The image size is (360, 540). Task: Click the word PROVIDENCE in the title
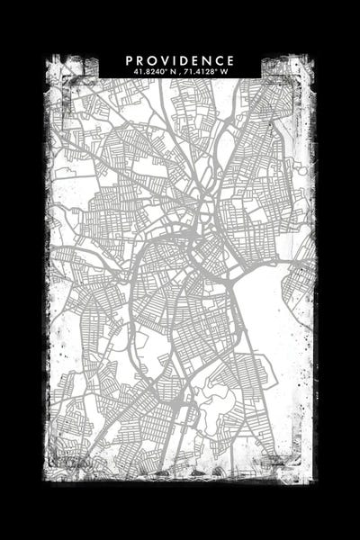pyautogui.click(x=180, y=60)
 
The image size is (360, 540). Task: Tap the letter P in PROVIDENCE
pyautogui.click(x=130, y=60)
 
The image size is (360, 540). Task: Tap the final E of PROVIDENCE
pyautogui.click(x=230, y=60)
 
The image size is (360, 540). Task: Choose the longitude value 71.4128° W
pyautogui.click(x=208, y=71)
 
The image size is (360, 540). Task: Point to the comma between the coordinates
pyautogui.click(x=180, y=72)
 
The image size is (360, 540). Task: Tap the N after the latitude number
pyautogui.click(x=170, y=71)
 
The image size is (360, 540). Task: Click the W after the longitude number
pyautogui.click(x=226, y=71)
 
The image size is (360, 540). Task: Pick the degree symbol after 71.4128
pyautogui.click(x=219, y=69)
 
